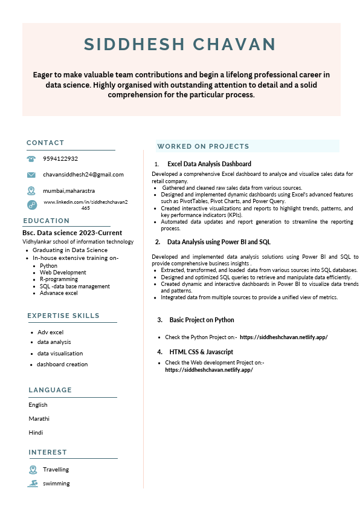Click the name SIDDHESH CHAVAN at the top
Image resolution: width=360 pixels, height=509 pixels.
coord(179,44)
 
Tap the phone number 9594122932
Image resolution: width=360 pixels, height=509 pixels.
coord(60,159)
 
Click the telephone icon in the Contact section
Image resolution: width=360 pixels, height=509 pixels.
coord(31,159)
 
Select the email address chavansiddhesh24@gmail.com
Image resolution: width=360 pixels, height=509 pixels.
coord(83,175)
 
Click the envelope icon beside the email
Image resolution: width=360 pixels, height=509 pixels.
coord(31,175)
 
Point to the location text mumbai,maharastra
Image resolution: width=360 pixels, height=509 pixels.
coord(69,190)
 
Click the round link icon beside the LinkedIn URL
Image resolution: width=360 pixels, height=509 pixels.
coord(32,204)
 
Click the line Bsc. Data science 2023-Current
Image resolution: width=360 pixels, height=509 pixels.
coord(72,233)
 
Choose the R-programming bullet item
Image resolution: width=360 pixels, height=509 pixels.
coord(59,279)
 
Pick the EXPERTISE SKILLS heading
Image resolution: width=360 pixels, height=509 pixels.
coord(63,316)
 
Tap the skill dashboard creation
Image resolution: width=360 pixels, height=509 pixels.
coord(62,365)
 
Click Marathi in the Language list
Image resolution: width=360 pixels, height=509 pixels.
coord(39,418)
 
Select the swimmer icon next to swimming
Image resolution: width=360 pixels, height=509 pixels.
coord(33,484)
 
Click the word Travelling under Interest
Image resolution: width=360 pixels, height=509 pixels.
coord(56,470)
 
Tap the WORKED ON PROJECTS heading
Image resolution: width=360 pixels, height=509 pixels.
coord(203,146)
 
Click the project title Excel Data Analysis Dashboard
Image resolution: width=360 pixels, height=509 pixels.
coord(209,164)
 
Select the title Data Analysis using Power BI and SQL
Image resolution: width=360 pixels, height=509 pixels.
coord(219,242)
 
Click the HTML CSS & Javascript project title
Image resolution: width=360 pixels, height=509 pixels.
coord(201,352)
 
